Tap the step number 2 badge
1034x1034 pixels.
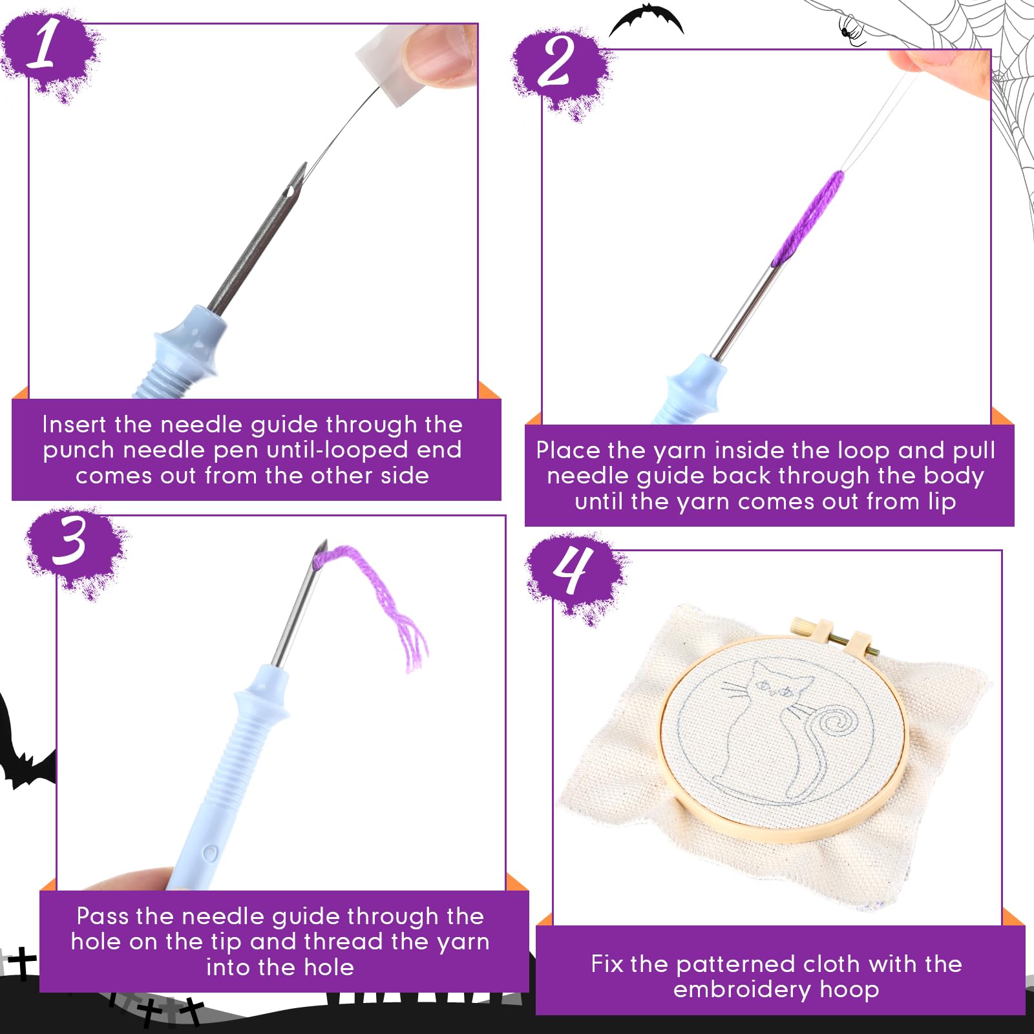click(559, 70)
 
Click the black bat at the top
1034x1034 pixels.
click(647, 19)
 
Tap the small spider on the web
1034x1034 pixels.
click(852, 31)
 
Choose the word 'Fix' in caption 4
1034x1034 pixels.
click(607, 964)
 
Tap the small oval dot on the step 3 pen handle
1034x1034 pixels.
click(209, 854)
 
